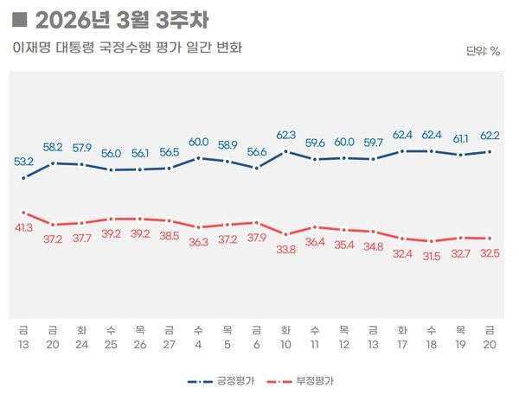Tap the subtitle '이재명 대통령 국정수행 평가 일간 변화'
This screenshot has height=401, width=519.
[126, 48]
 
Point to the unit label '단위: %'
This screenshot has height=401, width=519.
[483, 51]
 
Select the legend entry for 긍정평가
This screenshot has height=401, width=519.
[221, 380]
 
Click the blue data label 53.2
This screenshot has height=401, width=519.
[23, 162]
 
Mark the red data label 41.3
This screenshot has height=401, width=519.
[23, 227]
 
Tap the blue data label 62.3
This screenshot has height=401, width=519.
[286, 135]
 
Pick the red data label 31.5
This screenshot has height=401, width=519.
[432, 256]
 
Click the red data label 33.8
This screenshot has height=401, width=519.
[286, 251]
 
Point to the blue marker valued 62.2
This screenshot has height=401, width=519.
[490, 151]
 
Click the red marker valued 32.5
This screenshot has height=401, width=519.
[490, 239]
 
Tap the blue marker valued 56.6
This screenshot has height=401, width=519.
[257, 168]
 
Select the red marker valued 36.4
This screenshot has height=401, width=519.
[315, 226]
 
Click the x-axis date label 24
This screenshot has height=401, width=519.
[81, 345]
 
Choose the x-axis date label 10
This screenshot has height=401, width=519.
[286, 345]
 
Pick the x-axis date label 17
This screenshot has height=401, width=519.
[402, 345]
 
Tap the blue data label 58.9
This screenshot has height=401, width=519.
[227, 145]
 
